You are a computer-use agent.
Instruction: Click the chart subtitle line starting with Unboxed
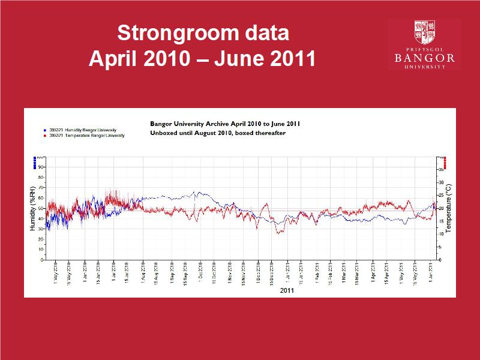217,133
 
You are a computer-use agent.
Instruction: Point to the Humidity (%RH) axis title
32,208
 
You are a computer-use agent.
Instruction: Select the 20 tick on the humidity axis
41,239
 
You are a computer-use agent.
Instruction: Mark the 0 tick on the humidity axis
42,260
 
